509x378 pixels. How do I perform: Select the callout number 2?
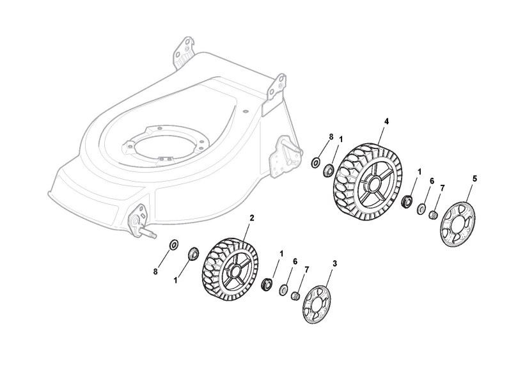point(251,217)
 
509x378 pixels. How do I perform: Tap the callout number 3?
point(335,263)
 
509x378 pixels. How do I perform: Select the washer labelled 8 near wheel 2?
point(173,245)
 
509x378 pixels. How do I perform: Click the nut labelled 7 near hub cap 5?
point(433,215)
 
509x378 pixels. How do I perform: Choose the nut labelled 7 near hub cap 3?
point(296,295)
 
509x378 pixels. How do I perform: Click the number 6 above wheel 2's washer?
point(295,262)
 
